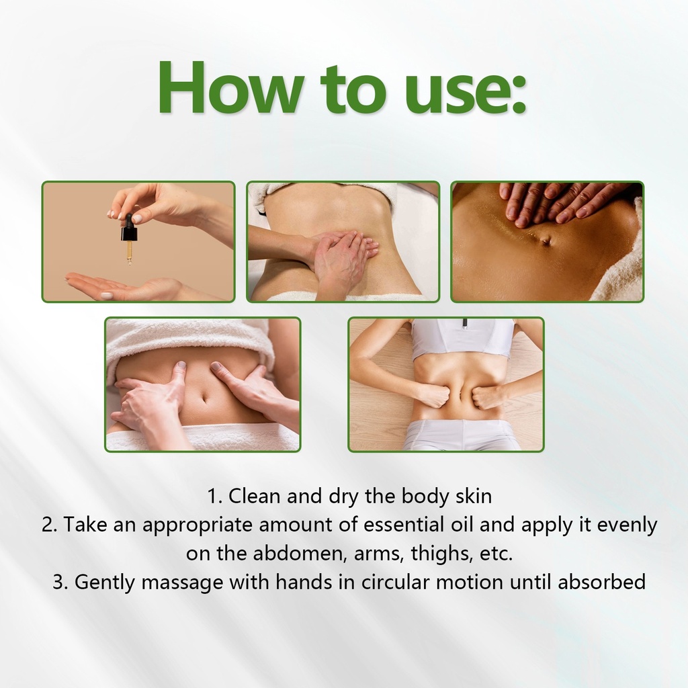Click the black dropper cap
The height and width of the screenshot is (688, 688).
pyautogui.click(x=128, y=227)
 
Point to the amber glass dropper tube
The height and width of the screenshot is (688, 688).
pyautogui.click(x=129, y=253)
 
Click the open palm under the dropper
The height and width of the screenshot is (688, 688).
pyautogui.click(x=123, y=288)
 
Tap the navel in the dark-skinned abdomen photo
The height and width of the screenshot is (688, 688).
pyautogui.click(x=546, y=240)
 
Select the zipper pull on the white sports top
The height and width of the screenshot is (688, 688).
pyautogui.click(x=465, y=323)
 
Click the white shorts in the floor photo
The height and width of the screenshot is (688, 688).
pyautogui.click(x=457, y=435)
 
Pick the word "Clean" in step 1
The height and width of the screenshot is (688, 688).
pyautogui.click(x=254, y=497)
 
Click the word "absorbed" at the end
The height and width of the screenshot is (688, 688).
pyautogui.click(x=601, y=582)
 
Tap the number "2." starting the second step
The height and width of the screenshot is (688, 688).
pyautogui.click(x=50, y=525)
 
